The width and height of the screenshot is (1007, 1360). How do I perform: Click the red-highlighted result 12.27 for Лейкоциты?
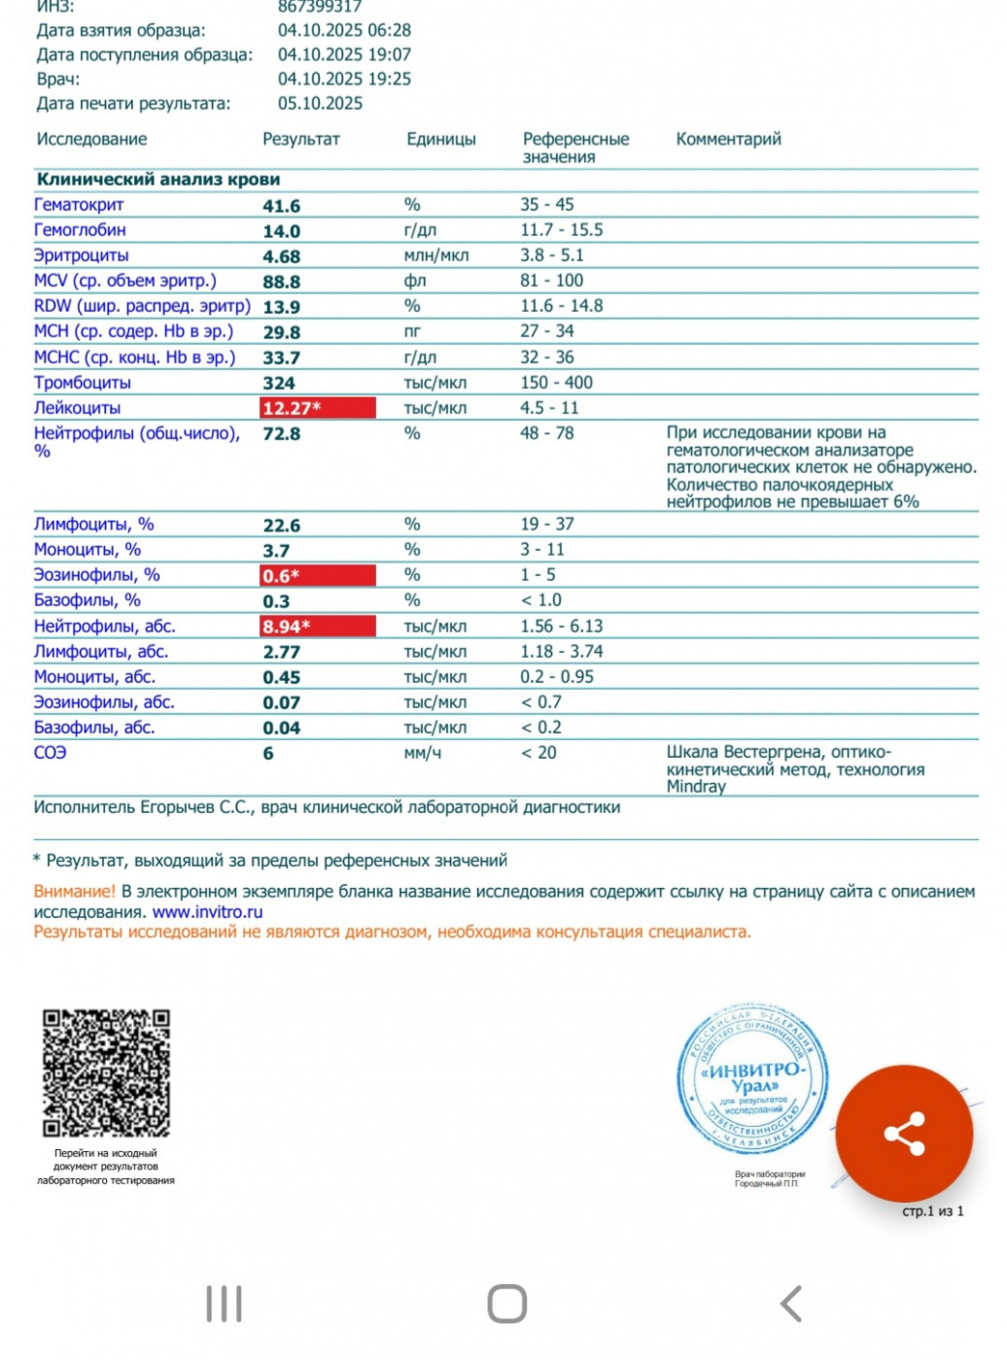tap(317, 408)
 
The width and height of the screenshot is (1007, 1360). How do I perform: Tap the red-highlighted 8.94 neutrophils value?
tap(317, 627)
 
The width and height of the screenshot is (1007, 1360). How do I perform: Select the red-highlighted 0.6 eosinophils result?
tap(317, 576)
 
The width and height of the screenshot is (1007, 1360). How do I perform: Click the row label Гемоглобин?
tap(80, 230)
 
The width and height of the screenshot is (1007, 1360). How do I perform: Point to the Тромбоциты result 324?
tap(279, 384)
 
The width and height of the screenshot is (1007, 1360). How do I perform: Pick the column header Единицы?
tap(441, 139)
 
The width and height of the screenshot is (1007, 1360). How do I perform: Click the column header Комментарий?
tap(728, 139)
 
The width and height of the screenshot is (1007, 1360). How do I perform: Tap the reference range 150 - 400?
tap(556, 383)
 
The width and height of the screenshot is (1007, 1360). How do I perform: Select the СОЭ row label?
tap(51, 753)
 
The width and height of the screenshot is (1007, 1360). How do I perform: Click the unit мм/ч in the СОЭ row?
tap(423, 753)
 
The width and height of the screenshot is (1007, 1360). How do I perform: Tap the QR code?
tap(106, 1072)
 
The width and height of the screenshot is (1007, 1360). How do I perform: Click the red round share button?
tap(904, 1134)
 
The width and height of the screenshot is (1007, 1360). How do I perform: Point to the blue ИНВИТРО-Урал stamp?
tap(753, 1078)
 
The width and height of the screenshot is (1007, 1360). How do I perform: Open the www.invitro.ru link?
tap(208, 912)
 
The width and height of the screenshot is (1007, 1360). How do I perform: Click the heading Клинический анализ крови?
tap(158, 180)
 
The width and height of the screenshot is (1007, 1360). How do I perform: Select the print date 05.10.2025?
tap(320, 103)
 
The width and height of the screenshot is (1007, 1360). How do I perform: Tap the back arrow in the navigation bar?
tap(792, 1304)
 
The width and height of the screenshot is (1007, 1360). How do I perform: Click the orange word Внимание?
tap(75, 891)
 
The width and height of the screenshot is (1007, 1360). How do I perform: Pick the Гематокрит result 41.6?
tap(282, 206)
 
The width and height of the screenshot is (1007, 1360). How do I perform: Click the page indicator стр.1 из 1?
tap(933, 1211)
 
